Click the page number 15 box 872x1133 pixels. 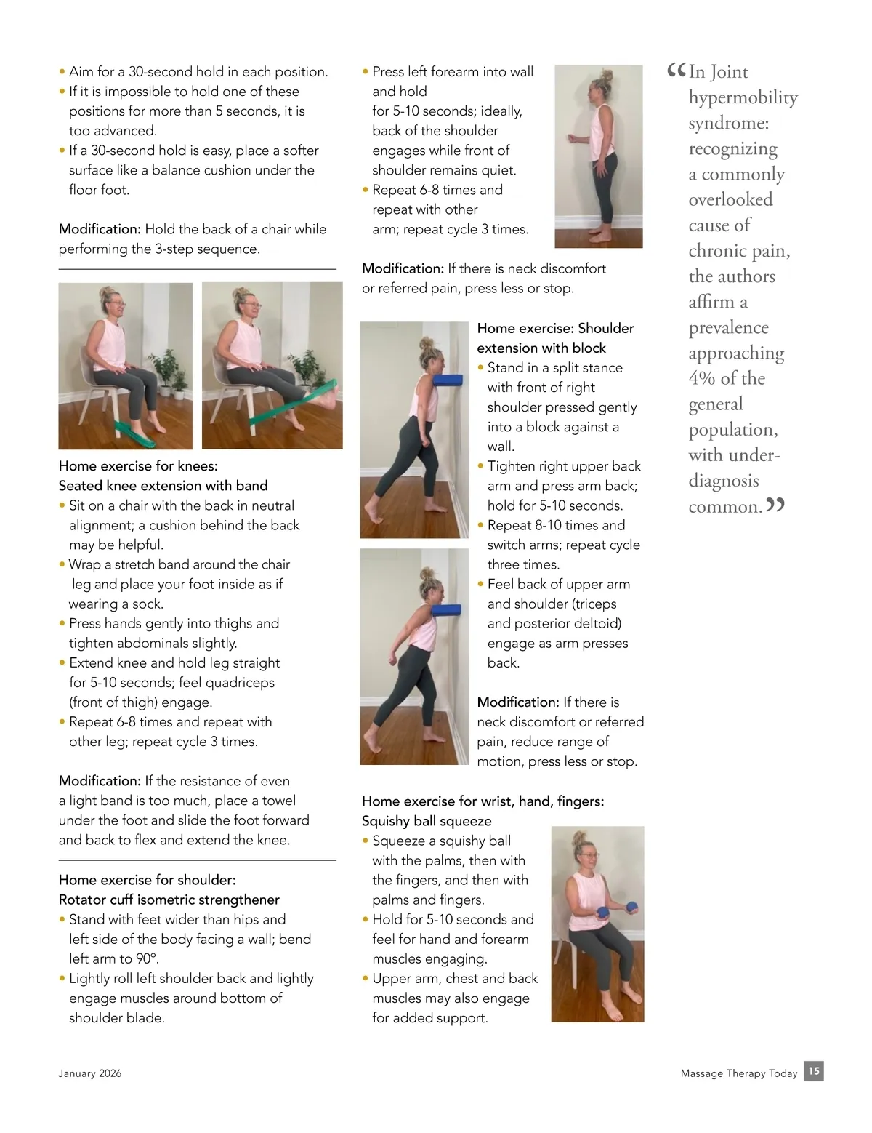click(x=813, y=1071)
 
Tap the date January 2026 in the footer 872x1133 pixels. click(x=89, y=1073)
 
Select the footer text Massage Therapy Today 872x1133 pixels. click(x=738, y=1073)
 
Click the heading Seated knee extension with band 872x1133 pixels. click(x=163, y=486)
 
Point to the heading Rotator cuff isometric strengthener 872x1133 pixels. click(x=169, y=900)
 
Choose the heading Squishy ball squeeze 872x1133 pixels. click(x=427, y=821)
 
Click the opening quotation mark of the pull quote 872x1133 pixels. click(x=676, y=70)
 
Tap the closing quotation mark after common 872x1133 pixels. click(x=775, y=504)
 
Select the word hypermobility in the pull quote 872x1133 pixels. click(x=743, y=98)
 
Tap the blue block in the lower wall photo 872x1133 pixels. click(x=446, y=609)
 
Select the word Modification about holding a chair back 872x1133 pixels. click(x=100, y=229)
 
